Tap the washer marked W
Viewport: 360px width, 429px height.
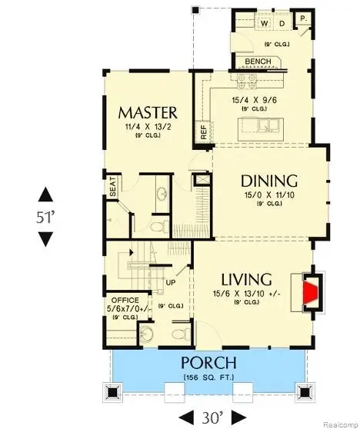tap(265, 24)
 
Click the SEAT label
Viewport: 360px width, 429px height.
tap(113, 189)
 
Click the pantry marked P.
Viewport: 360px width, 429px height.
tap(303, 18)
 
